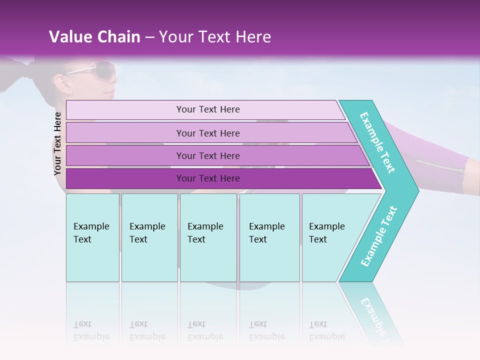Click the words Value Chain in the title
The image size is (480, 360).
click(94, 37)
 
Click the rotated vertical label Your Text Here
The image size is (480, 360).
click(57, 143)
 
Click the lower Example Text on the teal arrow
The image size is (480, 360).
click(379, 236)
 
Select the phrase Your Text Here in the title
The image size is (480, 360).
click(215, 37)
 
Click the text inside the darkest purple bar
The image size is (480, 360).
click(208, 178)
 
